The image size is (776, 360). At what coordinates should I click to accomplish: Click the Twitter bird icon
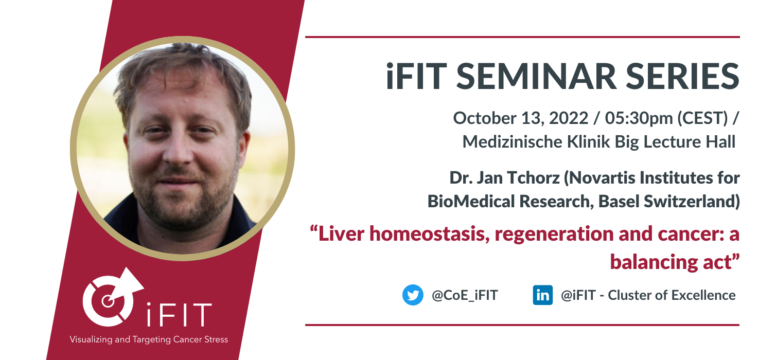pos(413,295)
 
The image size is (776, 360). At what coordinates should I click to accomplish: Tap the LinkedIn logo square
pos(542,295)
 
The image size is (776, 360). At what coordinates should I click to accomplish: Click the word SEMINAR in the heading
pos(536,76)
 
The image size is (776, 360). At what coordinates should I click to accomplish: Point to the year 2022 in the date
pos(569,118)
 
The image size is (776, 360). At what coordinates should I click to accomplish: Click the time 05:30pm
pos(639,118)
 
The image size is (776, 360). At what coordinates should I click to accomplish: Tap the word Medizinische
pos(513,141)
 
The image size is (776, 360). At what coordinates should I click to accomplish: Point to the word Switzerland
pos(692,201)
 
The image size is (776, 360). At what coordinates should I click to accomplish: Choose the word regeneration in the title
pos(554,235)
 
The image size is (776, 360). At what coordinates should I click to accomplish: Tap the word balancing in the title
pos(654,262)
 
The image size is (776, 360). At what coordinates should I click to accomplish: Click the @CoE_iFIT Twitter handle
pos(465,295)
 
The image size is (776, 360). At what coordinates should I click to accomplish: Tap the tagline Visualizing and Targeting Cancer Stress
pos(149,339)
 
